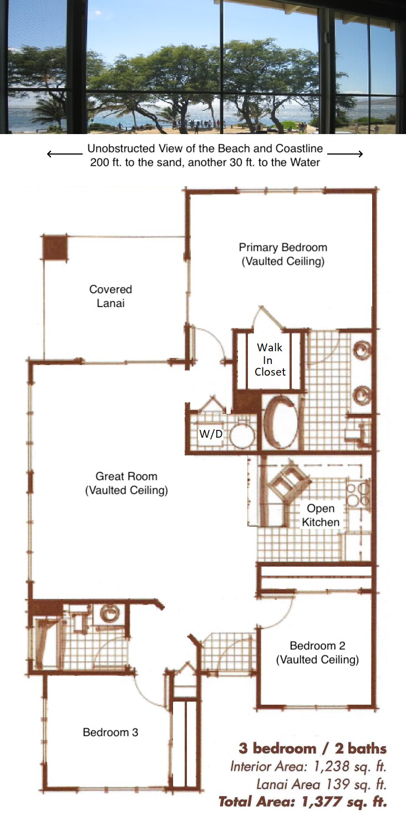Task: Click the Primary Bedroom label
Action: pyautogui.click(x=283, y=254)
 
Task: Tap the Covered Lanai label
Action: pyautogui.click(x=111, y=296)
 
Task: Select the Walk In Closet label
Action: pyautogui.click(x=270, y=360)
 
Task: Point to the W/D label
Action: pyautogui.click(x=211, y=433)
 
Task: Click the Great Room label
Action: pyautogui.click(x=126, y=483)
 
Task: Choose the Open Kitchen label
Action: pyautogui.click(x=321, y=515)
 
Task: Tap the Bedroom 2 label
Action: pyautogui.click(x=318, y=652)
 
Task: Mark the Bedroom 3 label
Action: pyautogui.click(x=110, y=732)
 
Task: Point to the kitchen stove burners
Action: pyautogui.click(x=358, y=494)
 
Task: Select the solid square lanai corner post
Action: pyautogui.click(x=55, y=248)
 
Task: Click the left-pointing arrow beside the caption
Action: pyautogui.click(x=65, y=154)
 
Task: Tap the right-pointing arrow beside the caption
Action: pyautogui.click(x=345, y=154)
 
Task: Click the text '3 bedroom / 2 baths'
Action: pyautogui.click(x=312, y=748)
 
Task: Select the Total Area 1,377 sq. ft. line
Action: pyautogui.click(x=303, y=801)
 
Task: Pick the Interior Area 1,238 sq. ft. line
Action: pyautogui.click(x=308, y=766)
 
